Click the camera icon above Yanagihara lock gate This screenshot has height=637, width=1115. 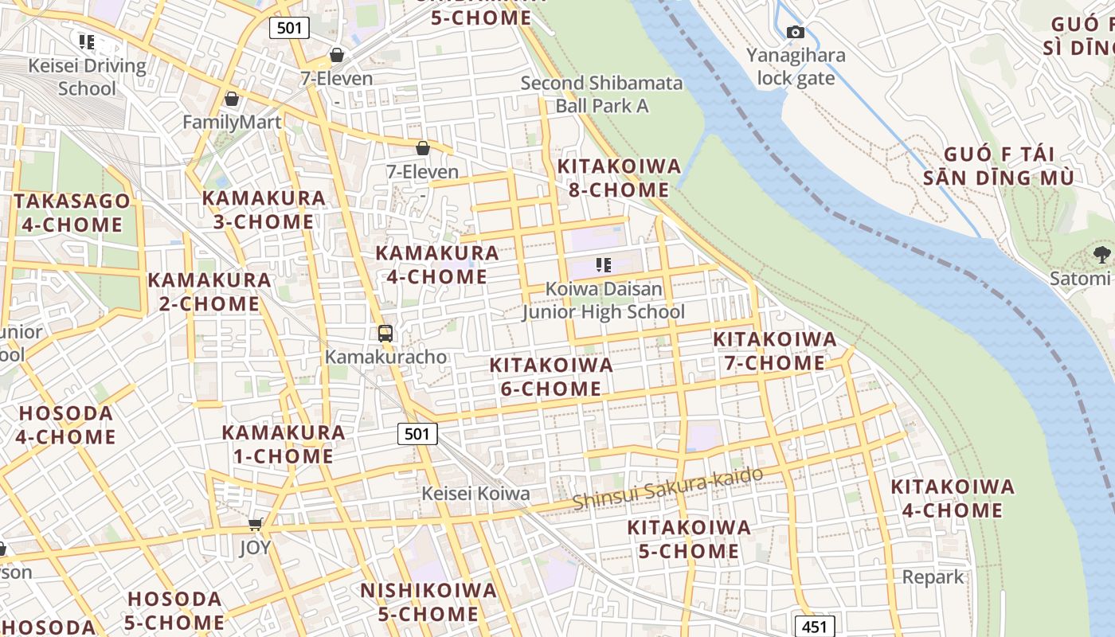(795, 33)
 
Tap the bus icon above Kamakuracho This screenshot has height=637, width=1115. (385, 334)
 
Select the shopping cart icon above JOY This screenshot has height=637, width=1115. (255, 524)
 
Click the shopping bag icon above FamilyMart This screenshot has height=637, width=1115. (232, 100)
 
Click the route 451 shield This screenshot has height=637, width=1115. (815, 627)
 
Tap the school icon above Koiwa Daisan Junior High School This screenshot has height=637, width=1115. (603, 265)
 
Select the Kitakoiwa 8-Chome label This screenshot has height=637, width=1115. (619, 178)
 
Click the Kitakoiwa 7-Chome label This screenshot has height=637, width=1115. (774, 351)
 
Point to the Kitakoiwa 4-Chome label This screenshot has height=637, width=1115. (952, 498)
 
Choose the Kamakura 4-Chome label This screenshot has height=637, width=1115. (436, 265)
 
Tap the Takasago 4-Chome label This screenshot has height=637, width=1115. (72, 213)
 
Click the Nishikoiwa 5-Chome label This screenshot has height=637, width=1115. (428, 602)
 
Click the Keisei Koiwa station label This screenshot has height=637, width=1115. (475, 494)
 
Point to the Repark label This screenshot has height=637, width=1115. (933, 576)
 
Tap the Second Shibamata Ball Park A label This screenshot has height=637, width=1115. (601, 94)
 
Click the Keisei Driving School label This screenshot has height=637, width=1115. (87, 76)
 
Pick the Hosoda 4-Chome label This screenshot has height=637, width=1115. (65, 425)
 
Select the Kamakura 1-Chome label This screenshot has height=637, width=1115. (283, 444)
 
